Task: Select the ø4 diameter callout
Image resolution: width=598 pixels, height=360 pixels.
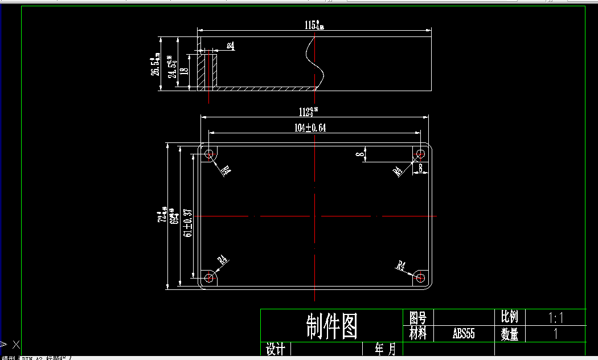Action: tap(231, 46)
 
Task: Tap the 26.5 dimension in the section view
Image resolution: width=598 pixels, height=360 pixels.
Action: tap(154, 66)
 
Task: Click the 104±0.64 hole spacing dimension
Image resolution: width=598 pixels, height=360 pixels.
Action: tap(310, 128)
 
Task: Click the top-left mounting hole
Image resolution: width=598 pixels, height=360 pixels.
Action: tap(210, 154)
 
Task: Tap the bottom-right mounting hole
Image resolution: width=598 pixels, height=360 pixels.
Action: tap(420, 277)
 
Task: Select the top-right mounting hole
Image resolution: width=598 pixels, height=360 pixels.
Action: tap(421, 154)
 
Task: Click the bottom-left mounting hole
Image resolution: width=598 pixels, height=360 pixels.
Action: tap(210, 278)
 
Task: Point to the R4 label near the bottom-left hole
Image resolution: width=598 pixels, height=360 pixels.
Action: tap(224, 260)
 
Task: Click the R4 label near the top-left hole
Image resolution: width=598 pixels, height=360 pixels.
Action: tap(226, 170)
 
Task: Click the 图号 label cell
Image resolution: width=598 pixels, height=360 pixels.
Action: tap(418, 317)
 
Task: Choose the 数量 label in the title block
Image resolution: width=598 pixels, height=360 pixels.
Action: tap(510, 334)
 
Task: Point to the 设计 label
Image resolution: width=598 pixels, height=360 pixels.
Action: tap(276, 349)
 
